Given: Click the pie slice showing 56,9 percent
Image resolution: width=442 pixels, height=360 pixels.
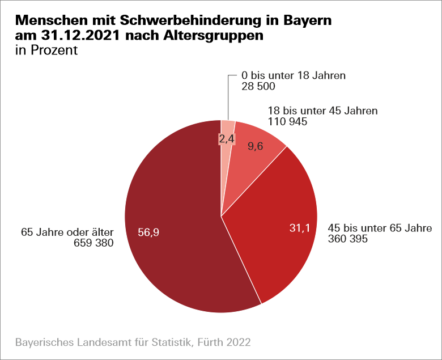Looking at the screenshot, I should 170,238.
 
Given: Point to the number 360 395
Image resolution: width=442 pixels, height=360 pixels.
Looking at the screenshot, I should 348,239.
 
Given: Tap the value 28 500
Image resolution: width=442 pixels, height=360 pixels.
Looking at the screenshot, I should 258,86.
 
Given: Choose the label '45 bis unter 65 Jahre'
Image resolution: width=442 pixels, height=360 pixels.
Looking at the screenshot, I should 380,228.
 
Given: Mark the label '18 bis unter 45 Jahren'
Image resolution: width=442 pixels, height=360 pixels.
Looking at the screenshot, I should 322,111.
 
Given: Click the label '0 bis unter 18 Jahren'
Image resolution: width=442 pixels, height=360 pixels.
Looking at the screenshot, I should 294,75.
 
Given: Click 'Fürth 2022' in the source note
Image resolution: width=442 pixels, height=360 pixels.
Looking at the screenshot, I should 224,342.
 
